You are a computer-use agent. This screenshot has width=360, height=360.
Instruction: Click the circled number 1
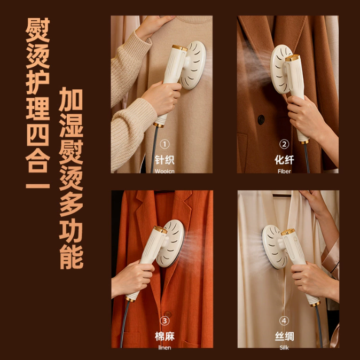165,144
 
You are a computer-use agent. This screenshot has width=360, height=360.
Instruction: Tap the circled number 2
284,144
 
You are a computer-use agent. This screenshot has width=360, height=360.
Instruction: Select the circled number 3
165,321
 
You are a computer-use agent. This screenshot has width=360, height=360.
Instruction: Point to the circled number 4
284,321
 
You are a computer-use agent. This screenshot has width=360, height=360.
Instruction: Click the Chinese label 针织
165,160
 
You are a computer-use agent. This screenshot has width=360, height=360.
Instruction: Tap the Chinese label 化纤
284,160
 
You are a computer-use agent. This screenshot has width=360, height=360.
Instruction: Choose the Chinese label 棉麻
165,336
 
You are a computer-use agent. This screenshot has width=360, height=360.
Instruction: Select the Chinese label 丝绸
284,336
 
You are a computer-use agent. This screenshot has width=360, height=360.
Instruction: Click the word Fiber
284,171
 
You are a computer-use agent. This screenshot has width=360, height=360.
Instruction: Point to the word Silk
284,348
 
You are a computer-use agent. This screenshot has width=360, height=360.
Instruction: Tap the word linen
165,348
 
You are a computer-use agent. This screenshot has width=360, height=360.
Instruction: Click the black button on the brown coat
261,120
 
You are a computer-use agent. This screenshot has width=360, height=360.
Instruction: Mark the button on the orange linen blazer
168,314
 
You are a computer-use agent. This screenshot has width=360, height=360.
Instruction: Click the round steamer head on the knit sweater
192,65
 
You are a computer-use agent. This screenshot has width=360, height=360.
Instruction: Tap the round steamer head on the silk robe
274,247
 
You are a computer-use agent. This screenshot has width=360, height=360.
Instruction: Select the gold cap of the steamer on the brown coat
293,58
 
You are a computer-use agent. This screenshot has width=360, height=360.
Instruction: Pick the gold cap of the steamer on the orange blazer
160,229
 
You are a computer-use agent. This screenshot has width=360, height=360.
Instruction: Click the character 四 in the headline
37,135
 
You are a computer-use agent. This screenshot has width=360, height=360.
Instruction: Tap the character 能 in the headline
71,256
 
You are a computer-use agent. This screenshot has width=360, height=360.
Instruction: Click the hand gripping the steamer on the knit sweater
162,98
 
